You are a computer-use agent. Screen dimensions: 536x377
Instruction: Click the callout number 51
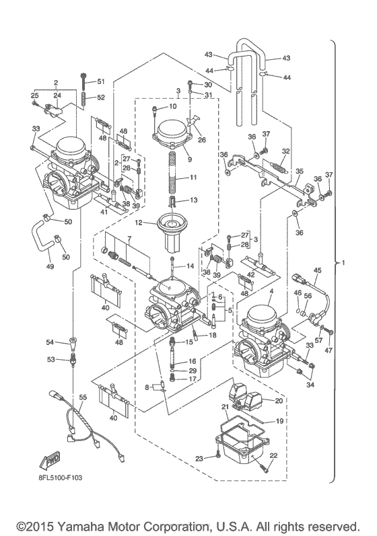tap(102, 81)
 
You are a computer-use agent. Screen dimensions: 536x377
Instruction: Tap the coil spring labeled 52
tap(84, 100)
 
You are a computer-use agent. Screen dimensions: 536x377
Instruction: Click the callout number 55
tap(83, 398)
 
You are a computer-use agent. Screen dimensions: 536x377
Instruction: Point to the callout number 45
tap(317, 270)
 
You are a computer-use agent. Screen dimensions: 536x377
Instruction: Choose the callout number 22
tap(273, 455)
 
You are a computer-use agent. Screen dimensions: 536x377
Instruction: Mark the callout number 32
tap(287, 151)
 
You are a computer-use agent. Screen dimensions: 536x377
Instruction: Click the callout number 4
tap(271, 291)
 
